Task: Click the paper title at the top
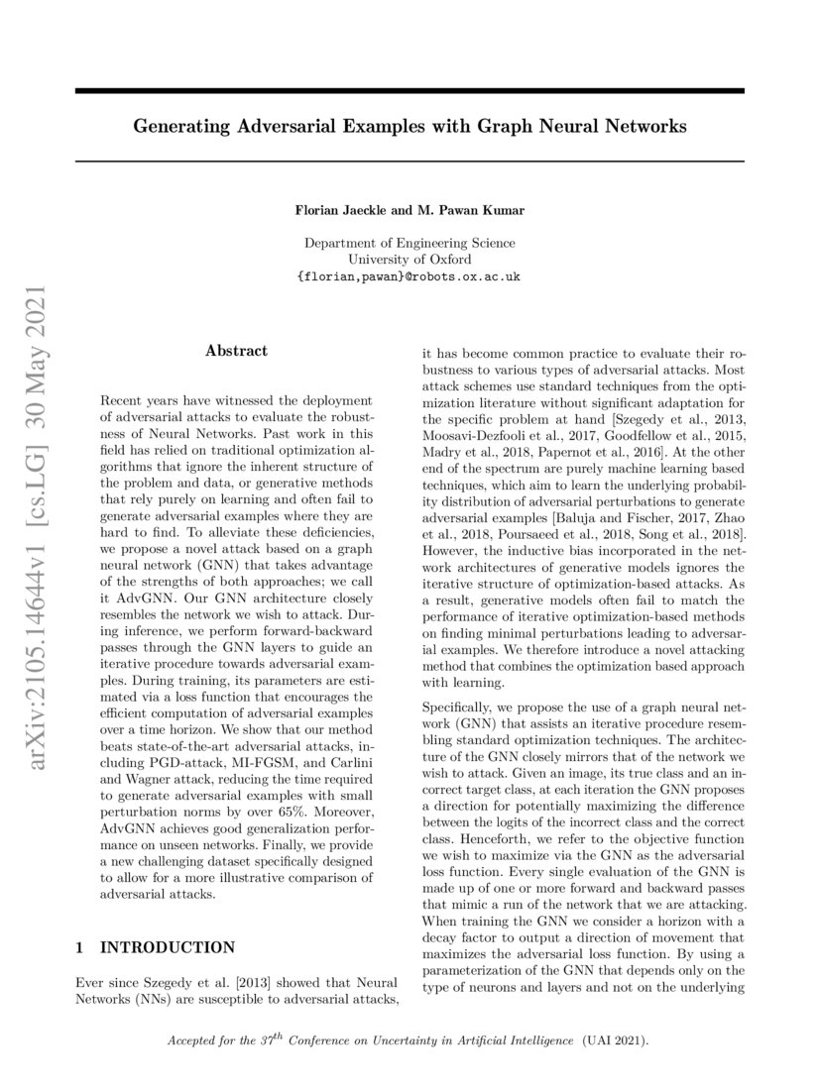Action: click(410, 127)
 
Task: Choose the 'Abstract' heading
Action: click(236, 351)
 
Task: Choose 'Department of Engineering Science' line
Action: click(410, 242)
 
